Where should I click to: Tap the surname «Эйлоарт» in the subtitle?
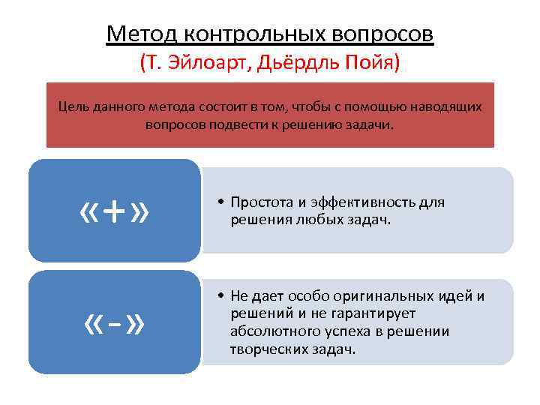(x=209, y=61)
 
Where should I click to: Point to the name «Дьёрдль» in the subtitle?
(x=292, y=61)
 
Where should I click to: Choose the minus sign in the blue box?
(x=114, y=325)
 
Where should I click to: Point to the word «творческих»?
(x=269, y=349)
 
